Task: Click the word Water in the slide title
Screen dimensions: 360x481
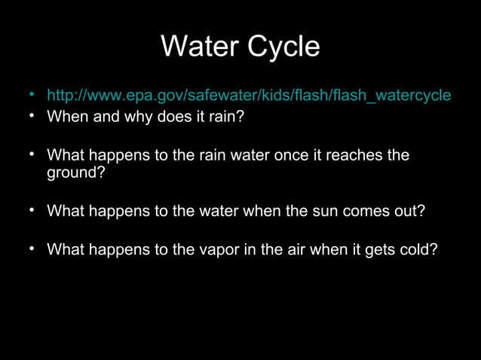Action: coord(195,47)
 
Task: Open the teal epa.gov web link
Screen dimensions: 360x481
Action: coord(249,96)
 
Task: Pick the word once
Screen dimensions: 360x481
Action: coord(304,155)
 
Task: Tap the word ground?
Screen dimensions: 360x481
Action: coord(76,172)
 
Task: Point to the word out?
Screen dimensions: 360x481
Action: coord(406,211)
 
